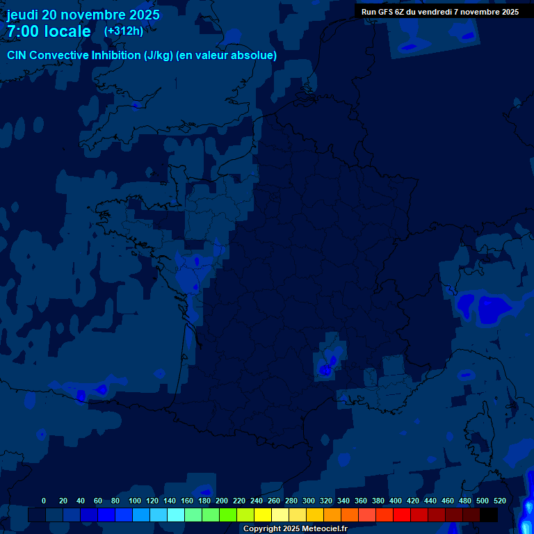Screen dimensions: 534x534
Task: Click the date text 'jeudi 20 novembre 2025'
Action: click(83, 15)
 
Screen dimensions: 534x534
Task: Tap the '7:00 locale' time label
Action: click(49, 32)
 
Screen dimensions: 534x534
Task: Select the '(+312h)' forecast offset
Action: click(123, 31)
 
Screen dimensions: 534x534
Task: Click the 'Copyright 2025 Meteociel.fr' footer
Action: click(295, 529)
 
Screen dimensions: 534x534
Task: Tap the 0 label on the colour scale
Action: click(44, 501)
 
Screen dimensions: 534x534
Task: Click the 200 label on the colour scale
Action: click(222, 501)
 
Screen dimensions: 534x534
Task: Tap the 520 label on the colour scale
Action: click(499, 501)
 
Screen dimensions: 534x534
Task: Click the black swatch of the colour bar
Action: click(489, 515)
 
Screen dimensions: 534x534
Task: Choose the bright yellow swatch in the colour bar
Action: click(263, 515)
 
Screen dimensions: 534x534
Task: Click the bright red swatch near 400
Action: click(402, 515)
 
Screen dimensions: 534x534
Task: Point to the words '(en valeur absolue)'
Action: click(227, 56)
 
